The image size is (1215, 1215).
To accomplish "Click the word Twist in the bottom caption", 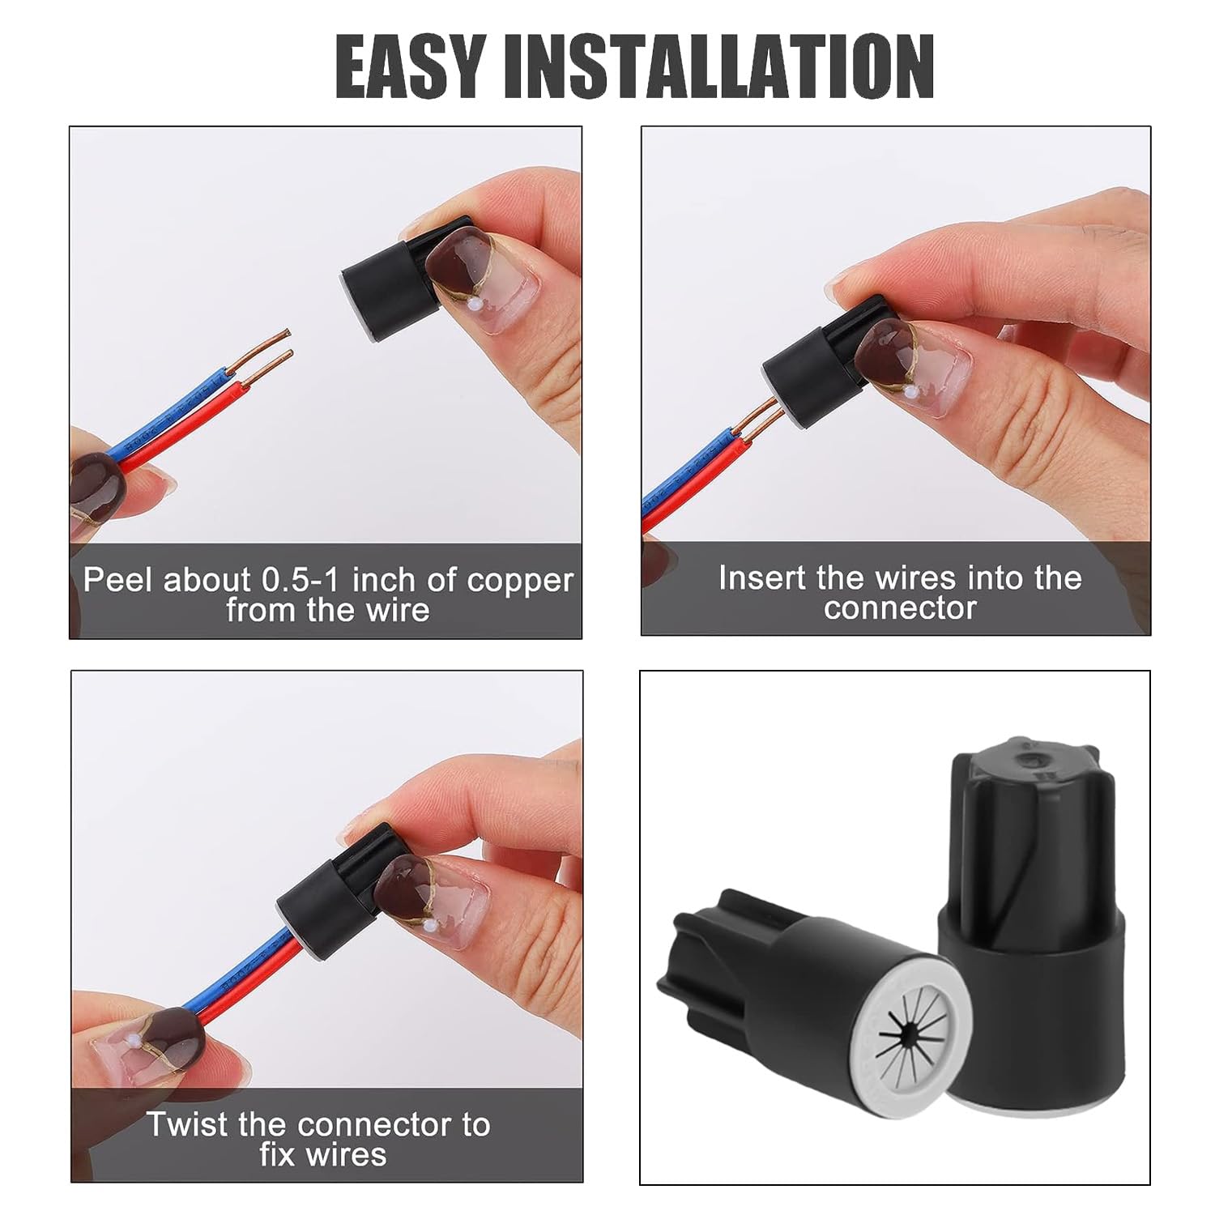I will click(x=186, y=1125).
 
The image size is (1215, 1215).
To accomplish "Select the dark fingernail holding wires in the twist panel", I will click(x=170, y=1033).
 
